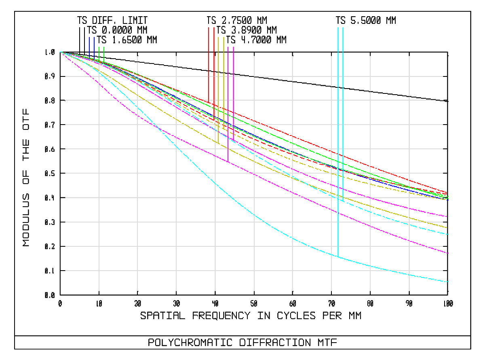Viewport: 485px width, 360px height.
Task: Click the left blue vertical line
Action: pyautogui.click(x=89, y=48)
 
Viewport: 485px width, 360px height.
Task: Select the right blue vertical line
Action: pyautogui.click(x=94, y=48)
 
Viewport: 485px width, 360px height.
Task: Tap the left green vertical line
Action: pyautogui.click(x=99, y=53)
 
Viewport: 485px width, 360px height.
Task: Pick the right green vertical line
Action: pyautogui.click(x=104, y=53)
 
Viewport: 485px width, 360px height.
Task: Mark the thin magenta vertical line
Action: pyautogui.click(x=228, y=101)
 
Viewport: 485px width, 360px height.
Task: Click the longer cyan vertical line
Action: pyautogui.click(x=338, y=142)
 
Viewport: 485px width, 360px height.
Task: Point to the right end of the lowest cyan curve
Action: pyautogui.click(x=448, y=282)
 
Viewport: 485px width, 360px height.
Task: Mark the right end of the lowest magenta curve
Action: pyautogui.click(x=448, y=253)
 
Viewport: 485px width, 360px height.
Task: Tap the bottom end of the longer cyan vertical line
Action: pyautogui.click(x=338, y=256)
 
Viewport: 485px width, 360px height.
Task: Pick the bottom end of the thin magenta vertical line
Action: pyautogui.click(x=228, y=162)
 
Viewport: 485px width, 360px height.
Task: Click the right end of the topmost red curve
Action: pyautogui.click(x=447, y=193)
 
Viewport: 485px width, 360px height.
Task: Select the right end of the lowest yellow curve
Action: pyautogui.click(x=447, y=228)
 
